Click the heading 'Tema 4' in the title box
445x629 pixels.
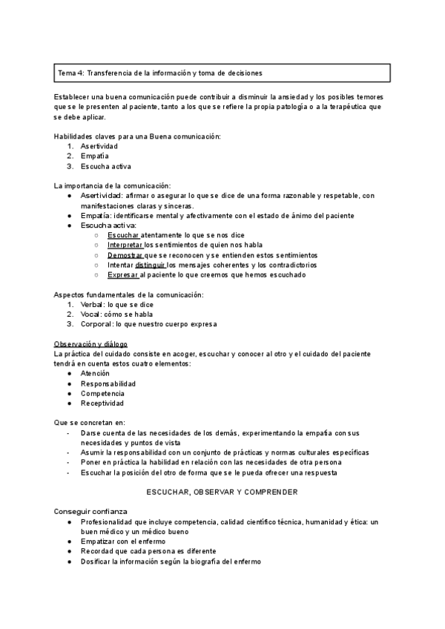(x=71, y=73)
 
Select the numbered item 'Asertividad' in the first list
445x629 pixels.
(x=99, y=146)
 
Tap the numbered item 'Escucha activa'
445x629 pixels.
(x=105, y=166)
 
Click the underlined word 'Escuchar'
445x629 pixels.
(x=123, y=235)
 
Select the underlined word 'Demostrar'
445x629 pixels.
(x=125, y=254)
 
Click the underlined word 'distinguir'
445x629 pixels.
(x=151, y=264)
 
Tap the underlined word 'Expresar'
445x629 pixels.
(x=122, y=274)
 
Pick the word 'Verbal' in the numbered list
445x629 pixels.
(x=93, y=304)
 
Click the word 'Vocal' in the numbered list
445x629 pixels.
(x=92, y=314)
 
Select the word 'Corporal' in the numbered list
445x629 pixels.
(x=96, y=323)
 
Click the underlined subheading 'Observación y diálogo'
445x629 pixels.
(x=90, y=344)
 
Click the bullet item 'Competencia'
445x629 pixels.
(x=102, y=394)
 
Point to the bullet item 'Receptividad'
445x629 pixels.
(x=102, y=404)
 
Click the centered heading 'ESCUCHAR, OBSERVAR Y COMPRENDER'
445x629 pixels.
(x=222, y=492)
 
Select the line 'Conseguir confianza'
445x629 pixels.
(x=90, y=512)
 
